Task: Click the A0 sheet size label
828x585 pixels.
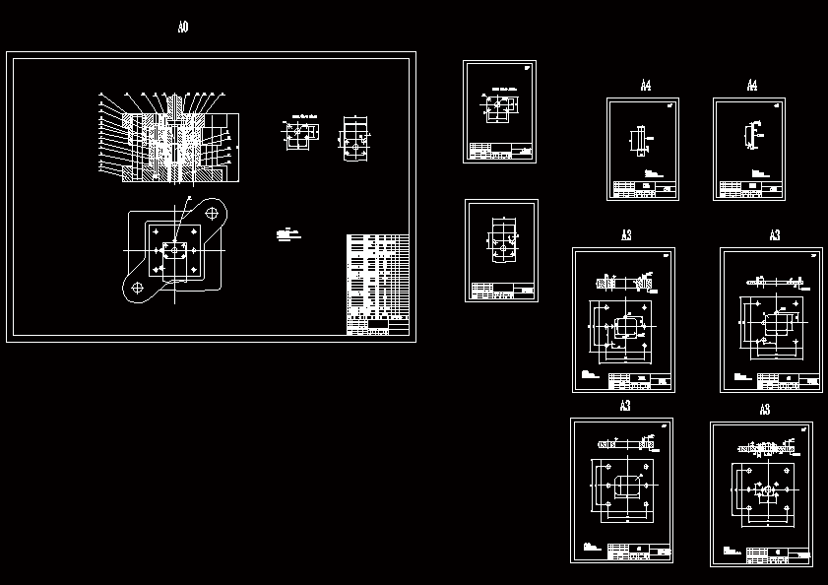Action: click(x=183, y=28)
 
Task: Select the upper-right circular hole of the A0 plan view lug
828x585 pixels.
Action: click(x=211, y=212)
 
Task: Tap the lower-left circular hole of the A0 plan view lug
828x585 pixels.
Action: click(x=137, y=288)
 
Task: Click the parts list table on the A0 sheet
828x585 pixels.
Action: click(x=377, y=284)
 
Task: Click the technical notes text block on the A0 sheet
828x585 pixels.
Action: click(x=287, y=234)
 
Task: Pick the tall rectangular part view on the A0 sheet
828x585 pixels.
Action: click(x=355, y=138)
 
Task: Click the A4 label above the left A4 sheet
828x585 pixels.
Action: click(x=646, y=87)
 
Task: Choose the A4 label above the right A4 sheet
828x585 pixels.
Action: click(x=752, y=87)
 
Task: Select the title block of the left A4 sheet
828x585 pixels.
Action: click(x=644, y=189)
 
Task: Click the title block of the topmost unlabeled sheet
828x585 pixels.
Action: click(x=502, y=152)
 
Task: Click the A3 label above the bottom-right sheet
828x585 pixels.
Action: click(x=765, y=410)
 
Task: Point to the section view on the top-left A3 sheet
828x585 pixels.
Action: click(x=623, y=284)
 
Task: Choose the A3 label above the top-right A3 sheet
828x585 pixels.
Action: click(x=775, y=235)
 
